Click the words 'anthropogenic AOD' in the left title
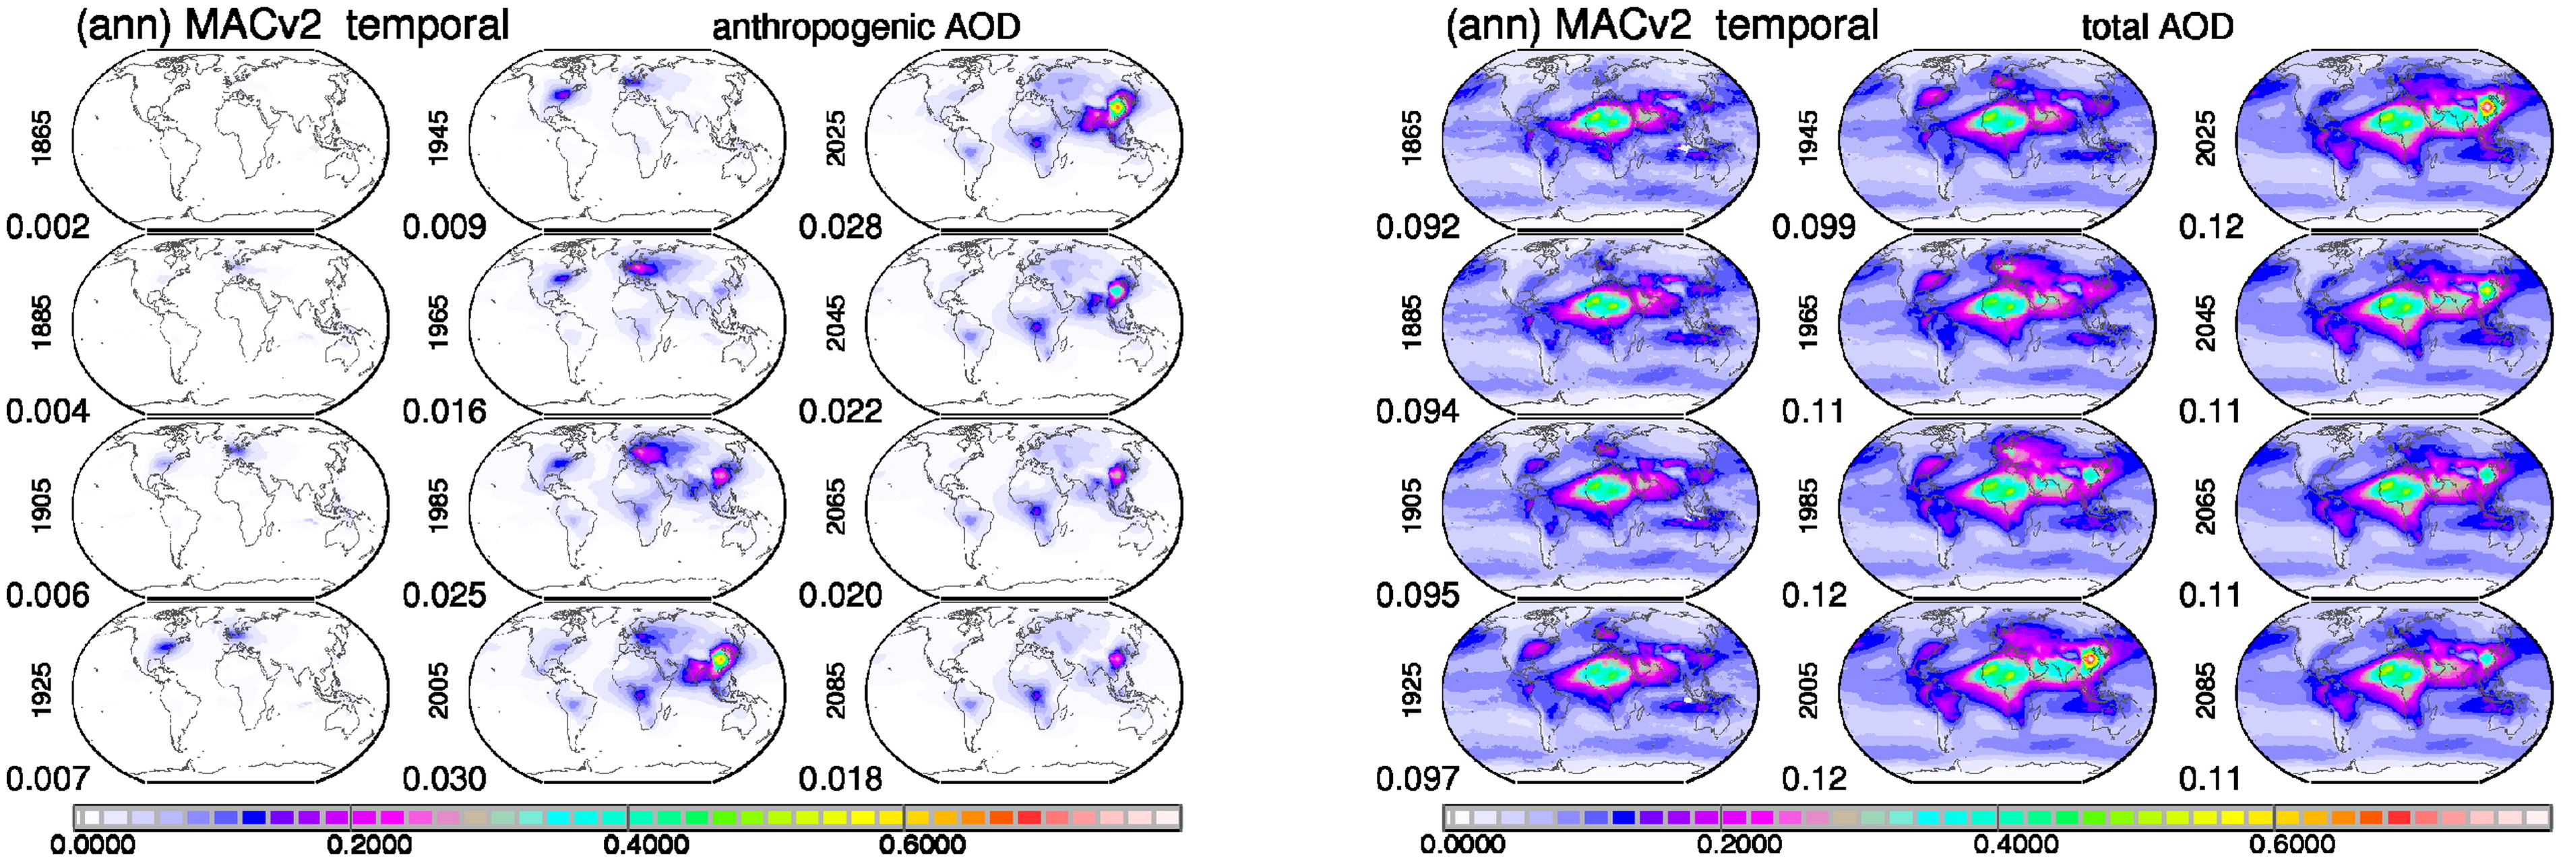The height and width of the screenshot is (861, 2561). (x=866, y=27)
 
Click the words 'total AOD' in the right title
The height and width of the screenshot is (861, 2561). (x=2157, y=27)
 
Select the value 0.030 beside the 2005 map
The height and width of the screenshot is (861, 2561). (x=444, y=779)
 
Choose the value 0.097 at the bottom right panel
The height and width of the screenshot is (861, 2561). (x=1418, y=779)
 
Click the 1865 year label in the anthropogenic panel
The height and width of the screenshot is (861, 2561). (x=42, y=137)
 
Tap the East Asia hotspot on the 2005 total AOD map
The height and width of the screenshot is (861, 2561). (x=2089, y=658)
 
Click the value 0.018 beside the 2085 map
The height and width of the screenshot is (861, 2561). (x=840, y=779)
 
